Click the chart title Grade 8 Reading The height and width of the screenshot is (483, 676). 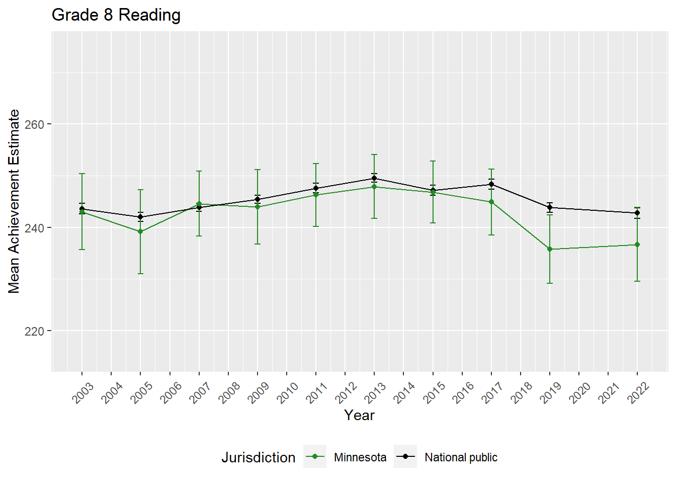[116, 15]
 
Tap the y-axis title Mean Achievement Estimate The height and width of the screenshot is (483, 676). [14, 201]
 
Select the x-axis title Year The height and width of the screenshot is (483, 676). [359, 416]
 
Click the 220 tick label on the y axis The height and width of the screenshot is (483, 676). [34, 331]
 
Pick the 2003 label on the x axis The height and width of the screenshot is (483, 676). [83, 392]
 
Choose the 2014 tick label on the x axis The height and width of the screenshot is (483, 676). [404, 392]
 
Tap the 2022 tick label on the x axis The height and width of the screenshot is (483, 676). [639, 392]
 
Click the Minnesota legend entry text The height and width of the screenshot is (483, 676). [360, 457]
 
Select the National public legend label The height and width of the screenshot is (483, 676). [461, 457]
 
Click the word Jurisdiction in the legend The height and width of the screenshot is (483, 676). [259, 457]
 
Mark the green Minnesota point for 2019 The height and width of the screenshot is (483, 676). [550, 249]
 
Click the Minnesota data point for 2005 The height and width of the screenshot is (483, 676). [140, 231]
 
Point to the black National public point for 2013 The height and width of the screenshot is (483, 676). [374, 178]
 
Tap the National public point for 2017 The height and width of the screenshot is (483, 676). [491, 184]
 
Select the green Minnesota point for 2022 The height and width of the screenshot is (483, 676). [637, 245]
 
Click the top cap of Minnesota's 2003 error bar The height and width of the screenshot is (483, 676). [82, 174]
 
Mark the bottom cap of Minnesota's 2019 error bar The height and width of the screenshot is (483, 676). [550, 283]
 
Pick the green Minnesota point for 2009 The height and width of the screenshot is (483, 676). [258, 207]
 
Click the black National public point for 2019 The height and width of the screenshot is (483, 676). [550, 207]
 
